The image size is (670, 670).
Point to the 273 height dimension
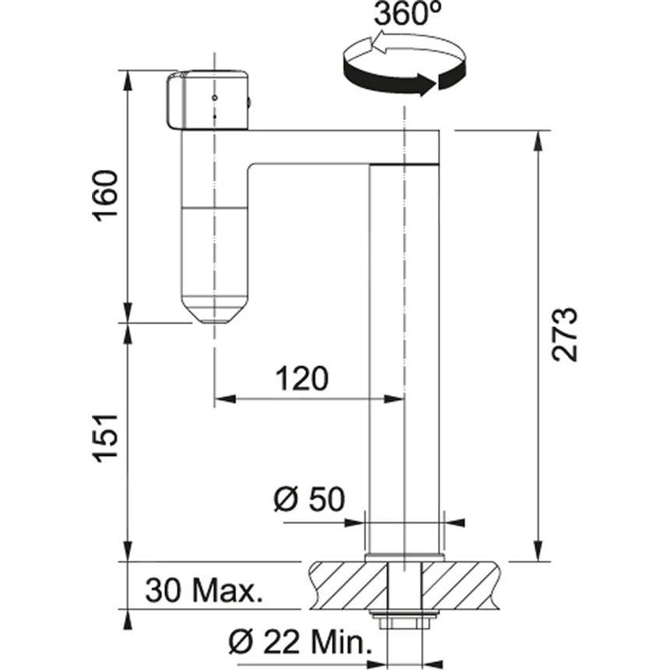(565, 335)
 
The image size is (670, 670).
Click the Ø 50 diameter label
(309, 499)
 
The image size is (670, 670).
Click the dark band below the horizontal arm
(404, 164)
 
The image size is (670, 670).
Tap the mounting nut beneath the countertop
(404, 621)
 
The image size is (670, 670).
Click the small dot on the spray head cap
(214, 99)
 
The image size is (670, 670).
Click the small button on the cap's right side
(249, 100)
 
